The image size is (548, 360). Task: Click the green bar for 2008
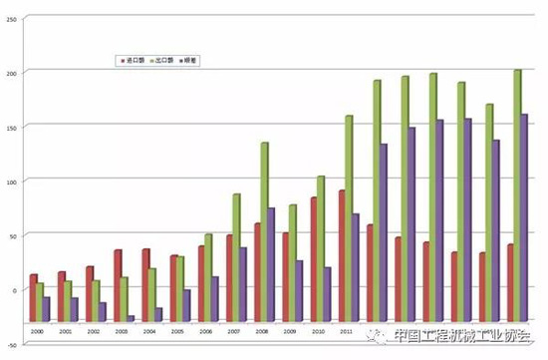pyautogui.click(x=264, y=215)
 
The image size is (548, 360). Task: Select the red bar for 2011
pyautogui.click(x=341, y=239)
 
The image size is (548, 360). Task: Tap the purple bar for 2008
pyautogui.click(x=271, y=248)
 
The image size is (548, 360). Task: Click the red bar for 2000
pyautogui.click(x=33, y=281)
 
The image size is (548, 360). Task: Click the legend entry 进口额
pyautogui.click(x=131, y=61)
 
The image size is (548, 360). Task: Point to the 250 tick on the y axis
pyautogui.click(x=12, y=19)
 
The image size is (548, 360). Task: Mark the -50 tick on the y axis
pyautogui.click(x=12, y=342)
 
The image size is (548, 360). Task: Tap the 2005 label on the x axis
pyautogui.click(x=176, y=329)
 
